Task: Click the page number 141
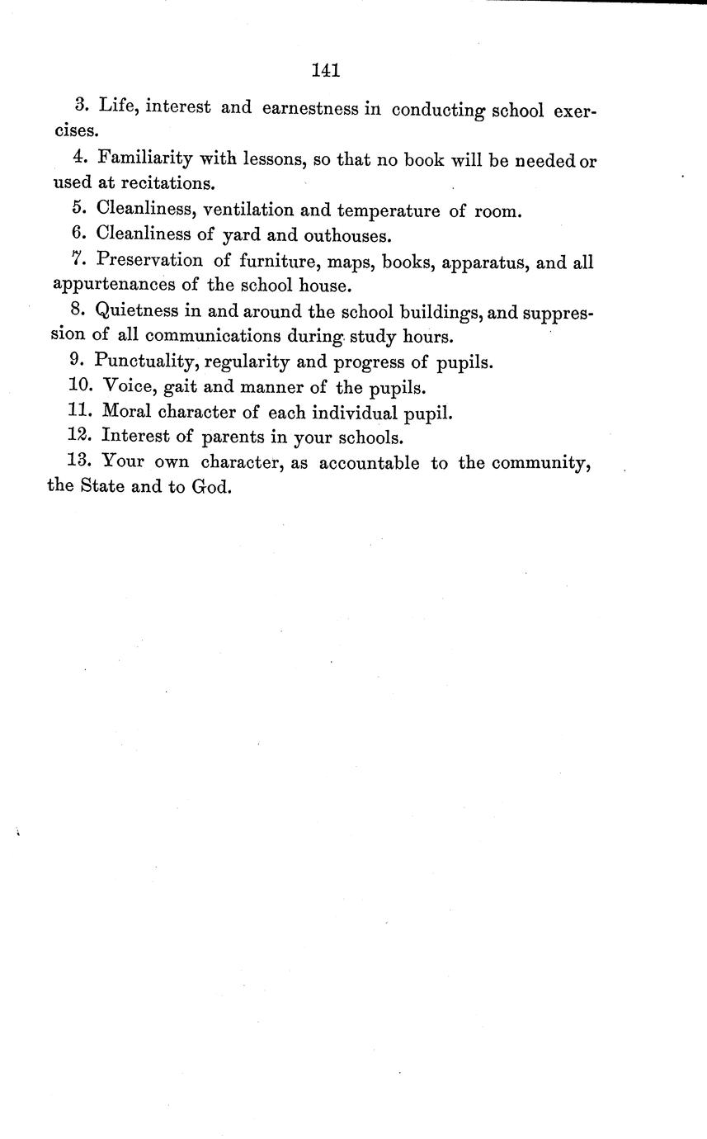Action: [327, 71]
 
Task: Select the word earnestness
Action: [310, 108]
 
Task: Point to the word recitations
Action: [165, 182]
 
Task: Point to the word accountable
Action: [370, 463]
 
